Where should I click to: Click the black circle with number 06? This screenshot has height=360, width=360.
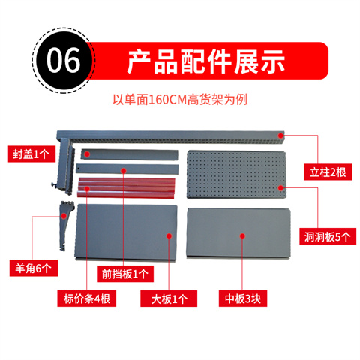click(63, 61)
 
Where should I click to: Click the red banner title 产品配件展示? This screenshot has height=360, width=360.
click(206, 61)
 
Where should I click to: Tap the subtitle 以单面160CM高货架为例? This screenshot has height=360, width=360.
click(180, 100)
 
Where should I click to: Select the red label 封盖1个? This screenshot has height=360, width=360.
click(31, 154)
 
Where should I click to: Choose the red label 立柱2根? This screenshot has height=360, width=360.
click(328, 172)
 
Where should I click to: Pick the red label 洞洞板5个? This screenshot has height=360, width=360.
click(328, 236)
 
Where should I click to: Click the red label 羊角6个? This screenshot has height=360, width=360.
click(34, 268)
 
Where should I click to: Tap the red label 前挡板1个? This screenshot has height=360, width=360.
click(125, 274)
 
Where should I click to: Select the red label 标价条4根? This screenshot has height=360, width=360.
click(86, 298)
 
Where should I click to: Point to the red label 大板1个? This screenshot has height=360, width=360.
click(169, 298)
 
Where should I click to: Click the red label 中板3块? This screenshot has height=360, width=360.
click(243, 298)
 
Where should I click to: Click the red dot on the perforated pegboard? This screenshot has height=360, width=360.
click(280, 187)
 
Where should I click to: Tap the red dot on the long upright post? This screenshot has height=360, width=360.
click(280, 136)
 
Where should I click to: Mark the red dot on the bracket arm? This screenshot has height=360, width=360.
click(64, 216)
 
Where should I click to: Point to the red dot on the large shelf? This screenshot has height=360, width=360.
click(169, 236)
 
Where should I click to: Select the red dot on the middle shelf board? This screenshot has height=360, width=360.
click(242, 236)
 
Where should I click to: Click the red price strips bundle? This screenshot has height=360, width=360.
click(126, 187)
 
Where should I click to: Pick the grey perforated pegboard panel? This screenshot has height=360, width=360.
click(236, 175)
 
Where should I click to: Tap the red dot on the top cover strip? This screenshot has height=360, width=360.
click(87, 154)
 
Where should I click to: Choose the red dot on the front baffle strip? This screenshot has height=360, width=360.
click(124, 171)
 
